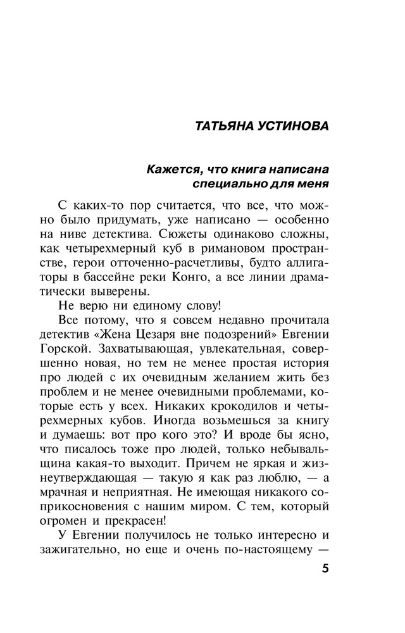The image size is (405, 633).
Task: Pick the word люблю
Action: point(279,473)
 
